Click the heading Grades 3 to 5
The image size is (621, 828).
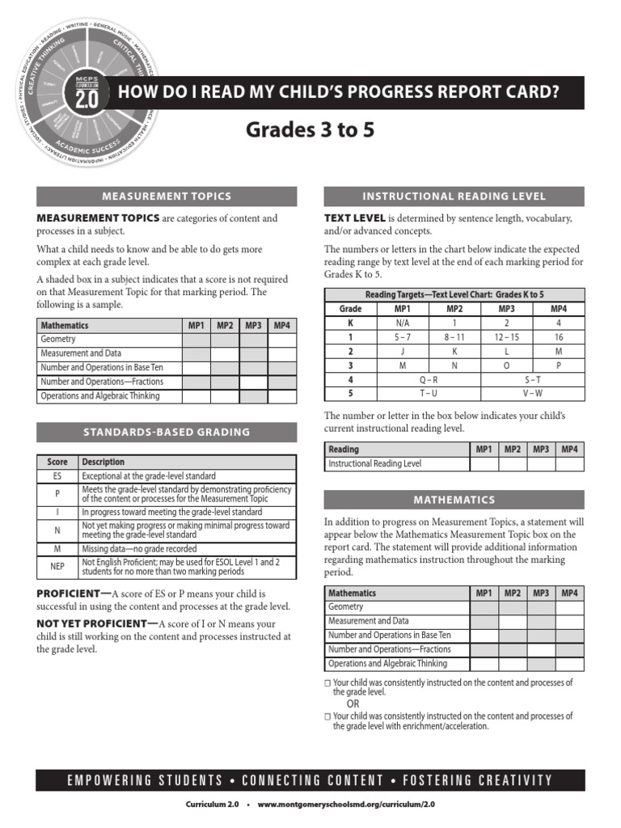[310, 130]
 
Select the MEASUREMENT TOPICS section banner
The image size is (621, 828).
[166, 196]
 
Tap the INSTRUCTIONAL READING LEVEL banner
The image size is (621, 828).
[454, 196]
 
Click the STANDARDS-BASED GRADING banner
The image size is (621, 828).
[166, 432]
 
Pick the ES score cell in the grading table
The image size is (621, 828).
[57, 476]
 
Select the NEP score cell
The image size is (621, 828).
[57, 566]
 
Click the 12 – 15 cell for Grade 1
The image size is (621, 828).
[506, 336]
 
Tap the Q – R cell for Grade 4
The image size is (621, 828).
[429, 379]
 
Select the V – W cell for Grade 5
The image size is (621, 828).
[532, 393]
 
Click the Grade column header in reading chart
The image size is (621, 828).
[350, 308]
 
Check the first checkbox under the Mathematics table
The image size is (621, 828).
[327, 684]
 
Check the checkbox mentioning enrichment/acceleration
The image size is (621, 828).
[327, 717]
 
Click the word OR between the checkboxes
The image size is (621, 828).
[353, 703]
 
